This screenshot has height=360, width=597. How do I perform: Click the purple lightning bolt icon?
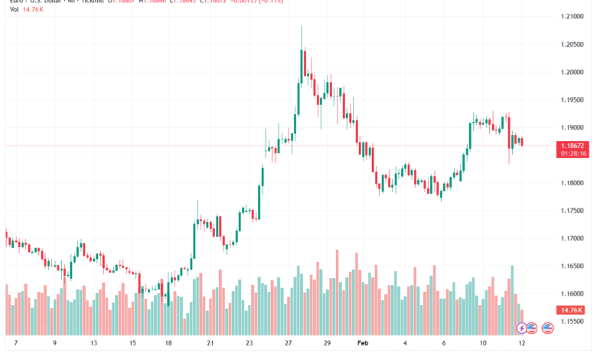coord(522,328)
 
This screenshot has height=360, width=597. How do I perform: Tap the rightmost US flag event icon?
coord(547,328)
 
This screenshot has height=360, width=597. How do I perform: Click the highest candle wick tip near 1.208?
coord(302,27)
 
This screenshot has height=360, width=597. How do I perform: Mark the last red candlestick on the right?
coord(521,141)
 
